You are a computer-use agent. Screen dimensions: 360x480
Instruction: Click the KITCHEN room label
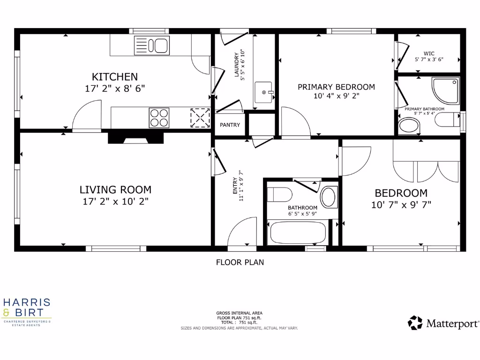point(115,76)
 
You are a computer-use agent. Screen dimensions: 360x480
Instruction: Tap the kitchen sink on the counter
point(152,45)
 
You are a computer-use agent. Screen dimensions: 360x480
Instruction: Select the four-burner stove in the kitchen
point(159,118)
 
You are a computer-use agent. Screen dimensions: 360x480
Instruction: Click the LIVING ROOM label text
point(115,190)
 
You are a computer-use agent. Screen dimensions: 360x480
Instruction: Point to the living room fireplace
point(136,137)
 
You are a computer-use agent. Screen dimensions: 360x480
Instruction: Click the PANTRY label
point(230,125)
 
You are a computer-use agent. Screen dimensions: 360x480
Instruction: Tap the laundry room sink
point(263,92)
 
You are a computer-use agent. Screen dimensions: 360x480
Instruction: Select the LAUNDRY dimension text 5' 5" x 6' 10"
point(243,66)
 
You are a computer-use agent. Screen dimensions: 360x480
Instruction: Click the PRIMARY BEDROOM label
point(336,87)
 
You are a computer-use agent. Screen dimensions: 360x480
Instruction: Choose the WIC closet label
point(429,53)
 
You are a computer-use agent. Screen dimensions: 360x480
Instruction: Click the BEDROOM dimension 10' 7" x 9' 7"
point(401,204)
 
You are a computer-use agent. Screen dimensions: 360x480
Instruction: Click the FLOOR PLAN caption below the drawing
point(240,262)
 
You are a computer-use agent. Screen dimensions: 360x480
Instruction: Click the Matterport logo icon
point(415,322)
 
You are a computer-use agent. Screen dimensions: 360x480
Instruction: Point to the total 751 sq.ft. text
point(239,322)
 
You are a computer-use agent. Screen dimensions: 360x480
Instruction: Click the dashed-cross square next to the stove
point(200,118)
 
